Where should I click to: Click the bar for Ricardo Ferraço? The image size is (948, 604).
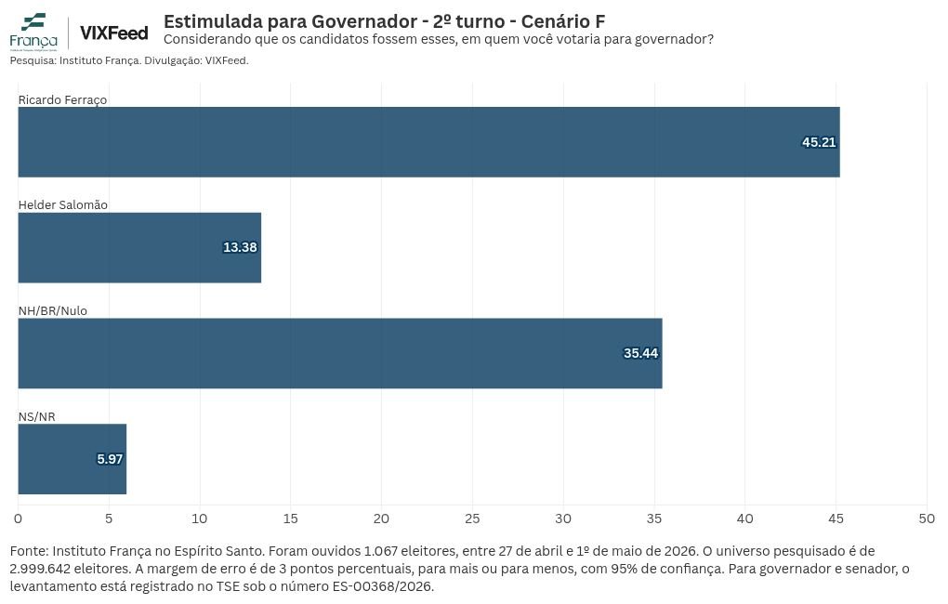(x=428, y=142)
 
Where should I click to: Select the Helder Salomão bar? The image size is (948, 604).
(x=139, y=247)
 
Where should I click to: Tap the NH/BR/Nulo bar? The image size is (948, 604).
(x=340, y=353)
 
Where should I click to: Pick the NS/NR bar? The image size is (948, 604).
(x=72, y=459)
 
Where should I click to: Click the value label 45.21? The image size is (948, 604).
(x=819, y=142)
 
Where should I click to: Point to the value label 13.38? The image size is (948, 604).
(x=240, y=247)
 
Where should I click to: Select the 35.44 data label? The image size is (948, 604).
(x=640, y=353)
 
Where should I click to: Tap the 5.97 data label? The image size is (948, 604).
(x=110, y=459)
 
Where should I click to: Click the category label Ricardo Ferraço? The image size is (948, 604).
(x=62, y=99)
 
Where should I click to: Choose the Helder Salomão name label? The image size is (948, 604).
(x=63, y=205)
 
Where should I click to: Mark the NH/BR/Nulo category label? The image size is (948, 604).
(x=53, y=310)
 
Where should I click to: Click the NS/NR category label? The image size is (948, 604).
(x=36, y=416)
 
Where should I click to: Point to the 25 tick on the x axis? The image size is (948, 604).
(x=472, y=519)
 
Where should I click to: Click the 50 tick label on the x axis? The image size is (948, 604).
(x=927, y=519)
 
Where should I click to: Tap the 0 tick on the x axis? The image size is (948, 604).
(x=19, y=519)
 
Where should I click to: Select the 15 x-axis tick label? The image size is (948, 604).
(x=290, y=519)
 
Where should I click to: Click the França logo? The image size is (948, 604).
(x=33, y=32)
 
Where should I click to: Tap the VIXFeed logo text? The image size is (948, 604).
(x=113, y=33)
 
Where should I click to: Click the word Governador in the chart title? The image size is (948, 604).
(x=364, y=21)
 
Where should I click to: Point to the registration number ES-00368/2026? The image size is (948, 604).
(x=383, y=586)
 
